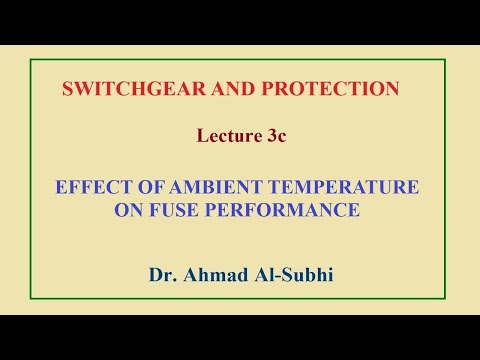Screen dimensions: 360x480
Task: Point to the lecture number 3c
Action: tap(275, 137)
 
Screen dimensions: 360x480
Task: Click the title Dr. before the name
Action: tap(161, 272)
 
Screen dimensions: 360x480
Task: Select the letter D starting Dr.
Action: tap(154, 272)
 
